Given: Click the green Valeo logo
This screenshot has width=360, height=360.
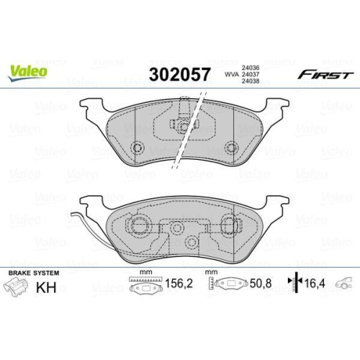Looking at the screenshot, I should [x=30, y=71].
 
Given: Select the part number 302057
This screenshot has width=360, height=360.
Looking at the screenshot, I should [x=179, y=75].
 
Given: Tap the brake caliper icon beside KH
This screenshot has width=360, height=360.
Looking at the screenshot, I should [x=19, y=289].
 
